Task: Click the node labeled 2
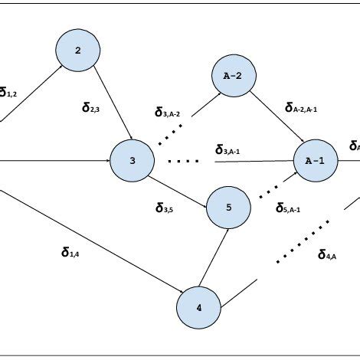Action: point(78,51)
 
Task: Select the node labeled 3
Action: point(133,161)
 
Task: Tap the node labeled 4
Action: point(199,309)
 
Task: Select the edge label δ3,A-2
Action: point(167,113)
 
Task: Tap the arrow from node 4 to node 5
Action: point(214,258)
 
